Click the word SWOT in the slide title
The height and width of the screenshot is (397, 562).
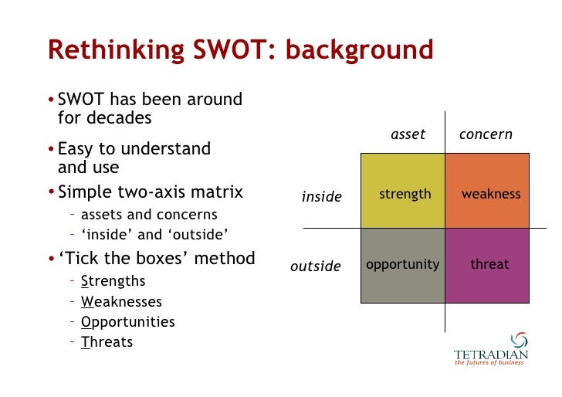(x=237, y=49)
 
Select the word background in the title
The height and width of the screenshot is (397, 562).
(x=360, y=49)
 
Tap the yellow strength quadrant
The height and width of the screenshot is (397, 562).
(x=403, y=191)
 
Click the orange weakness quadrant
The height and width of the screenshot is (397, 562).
(x=487, y=191)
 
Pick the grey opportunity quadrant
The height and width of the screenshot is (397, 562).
(x=403, y=265)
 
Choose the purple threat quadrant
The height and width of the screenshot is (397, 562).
(x=487, y=265)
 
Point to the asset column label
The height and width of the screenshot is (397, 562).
(x=408, y=134)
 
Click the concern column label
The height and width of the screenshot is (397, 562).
(x=486, y=134)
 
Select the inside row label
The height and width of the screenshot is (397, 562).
(x=321, y=197)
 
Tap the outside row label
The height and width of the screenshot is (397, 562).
(x=315, y=266)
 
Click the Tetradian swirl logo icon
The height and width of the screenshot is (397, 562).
(x=520, y=341)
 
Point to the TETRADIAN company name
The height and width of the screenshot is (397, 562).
(x=491, y=355)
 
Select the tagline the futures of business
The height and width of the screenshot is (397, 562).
(x=489, y=363)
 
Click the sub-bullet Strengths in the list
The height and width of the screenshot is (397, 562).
(x=113, y=282)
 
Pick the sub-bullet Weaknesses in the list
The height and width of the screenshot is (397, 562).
(x=121, y=302)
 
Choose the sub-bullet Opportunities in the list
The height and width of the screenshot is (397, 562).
(x=127, y=322)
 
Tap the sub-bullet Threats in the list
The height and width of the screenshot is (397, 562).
(x=107, y=342)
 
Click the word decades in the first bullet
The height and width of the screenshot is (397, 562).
(x=120, y=118)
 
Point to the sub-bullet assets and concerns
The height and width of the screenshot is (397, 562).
(x=149, y=215)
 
